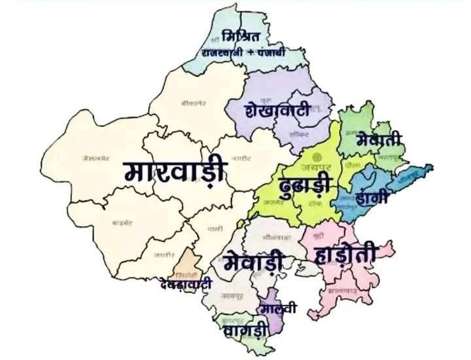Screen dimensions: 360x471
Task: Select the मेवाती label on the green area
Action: click(380, 139)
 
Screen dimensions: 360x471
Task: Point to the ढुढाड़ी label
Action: click(305, 185)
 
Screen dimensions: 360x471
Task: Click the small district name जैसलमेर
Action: click(96, 158)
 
